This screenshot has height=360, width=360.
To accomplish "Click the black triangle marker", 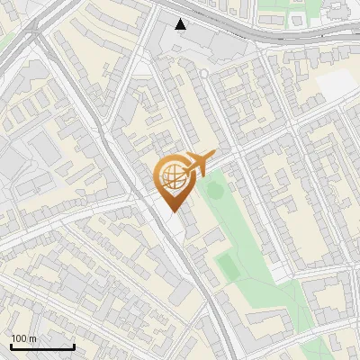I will coord(182,23).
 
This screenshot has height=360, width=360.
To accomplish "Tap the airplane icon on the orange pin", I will coord(200,163).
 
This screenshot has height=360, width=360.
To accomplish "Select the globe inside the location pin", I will coord(172,175).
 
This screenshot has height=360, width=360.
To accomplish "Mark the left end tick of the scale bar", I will coord(11,346).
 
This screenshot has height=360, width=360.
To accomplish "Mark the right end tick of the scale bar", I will coord(74,346).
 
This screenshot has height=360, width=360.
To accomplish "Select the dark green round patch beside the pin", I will coord(214,189).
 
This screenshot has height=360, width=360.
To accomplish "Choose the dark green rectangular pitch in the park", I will coord(228,266).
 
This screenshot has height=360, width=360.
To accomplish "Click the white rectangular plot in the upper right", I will coord(337,83).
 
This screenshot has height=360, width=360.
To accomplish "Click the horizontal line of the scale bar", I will coord(42,347).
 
